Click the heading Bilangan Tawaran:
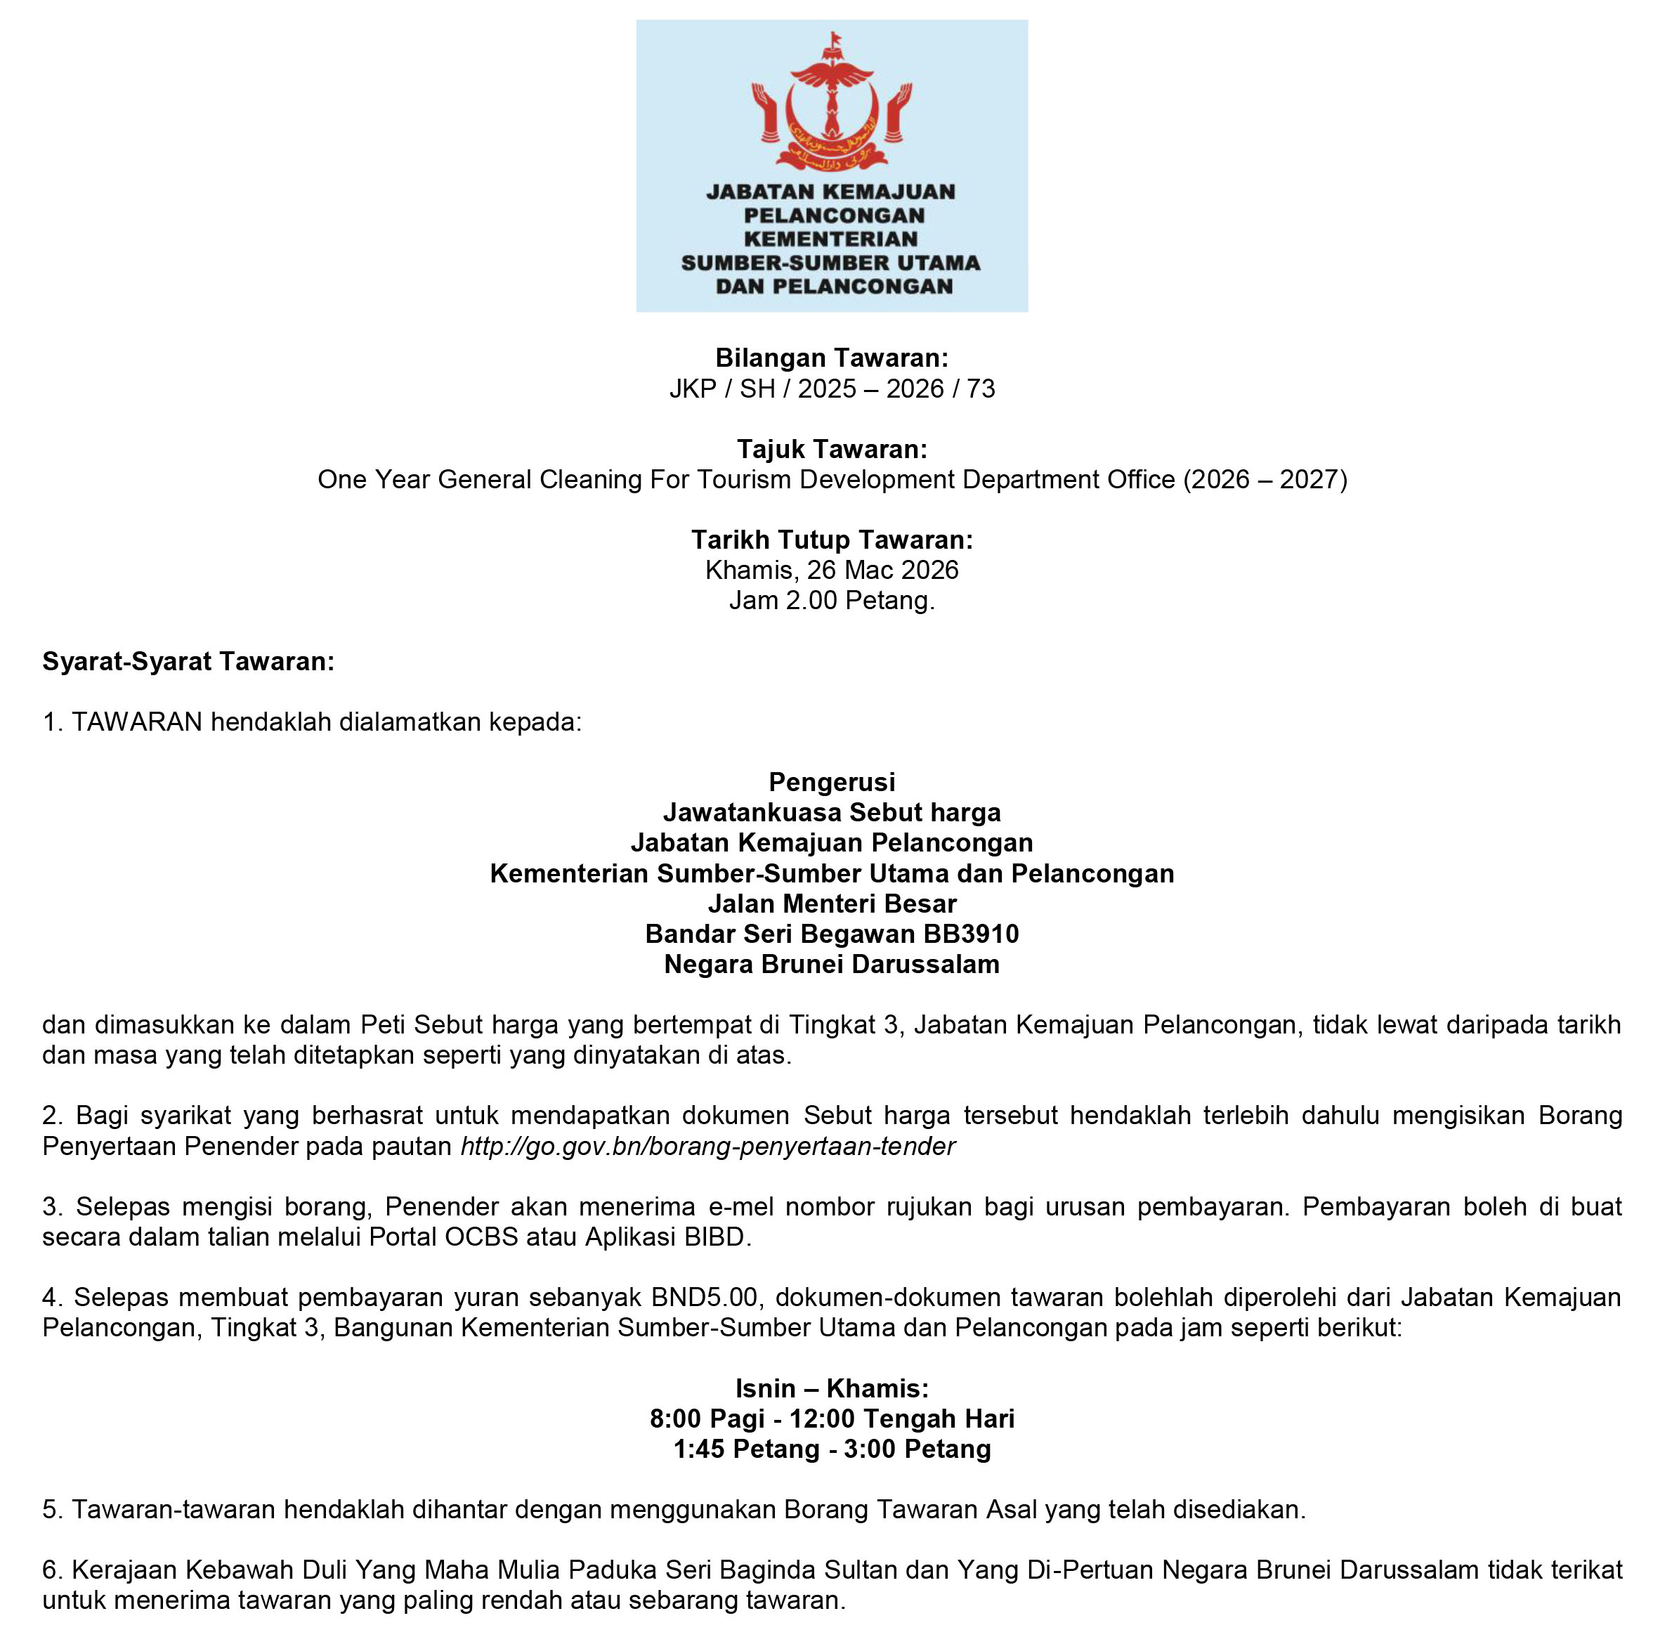[x=831, y=358]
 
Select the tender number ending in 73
[x=831, y=389]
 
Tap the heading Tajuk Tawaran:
[x=831, y=449]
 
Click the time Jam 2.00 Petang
[x=831, y=600]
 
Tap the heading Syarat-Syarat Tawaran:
[x=188, y=661]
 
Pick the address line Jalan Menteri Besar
[x=831, y=904]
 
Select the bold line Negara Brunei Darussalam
[x=831, y=964]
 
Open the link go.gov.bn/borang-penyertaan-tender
[x=707, y=1146]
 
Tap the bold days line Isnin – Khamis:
[x=831, y=1388]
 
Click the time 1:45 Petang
[x=745, y=1449]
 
